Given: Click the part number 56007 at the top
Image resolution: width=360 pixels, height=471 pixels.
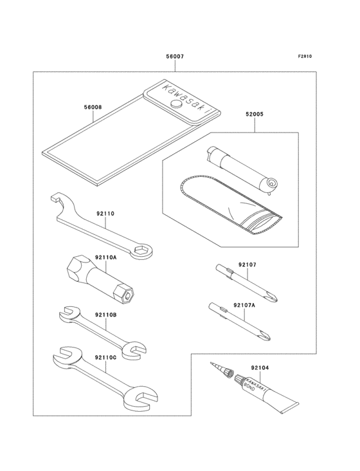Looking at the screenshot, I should pyautogui.click(x=175, y=57).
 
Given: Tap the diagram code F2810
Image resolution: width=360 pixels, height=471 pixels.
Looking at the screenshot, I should pyautogui.click(x=305, y=57).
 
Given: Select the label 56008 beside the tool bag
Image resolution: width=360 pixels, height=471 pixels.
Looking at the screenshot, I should pyautogui.click(x=93, y=107).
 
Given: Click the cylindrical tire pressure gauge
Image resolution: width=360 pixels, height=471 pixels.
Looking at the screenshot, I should pyautogui.click(x=240, y=168).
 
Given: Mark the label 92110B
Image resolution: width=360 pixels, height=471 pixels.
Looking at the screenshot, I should pyautogui.click(x=105, y=314).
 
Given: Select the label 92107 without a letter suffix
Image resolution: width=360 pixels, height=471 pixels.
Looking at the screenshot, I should pyautogui.click(x=248, y=264).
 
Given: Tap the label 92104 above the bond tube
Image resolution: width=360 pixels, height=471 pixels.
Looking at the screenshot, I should pyautogui.click(x=260, y=367).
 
